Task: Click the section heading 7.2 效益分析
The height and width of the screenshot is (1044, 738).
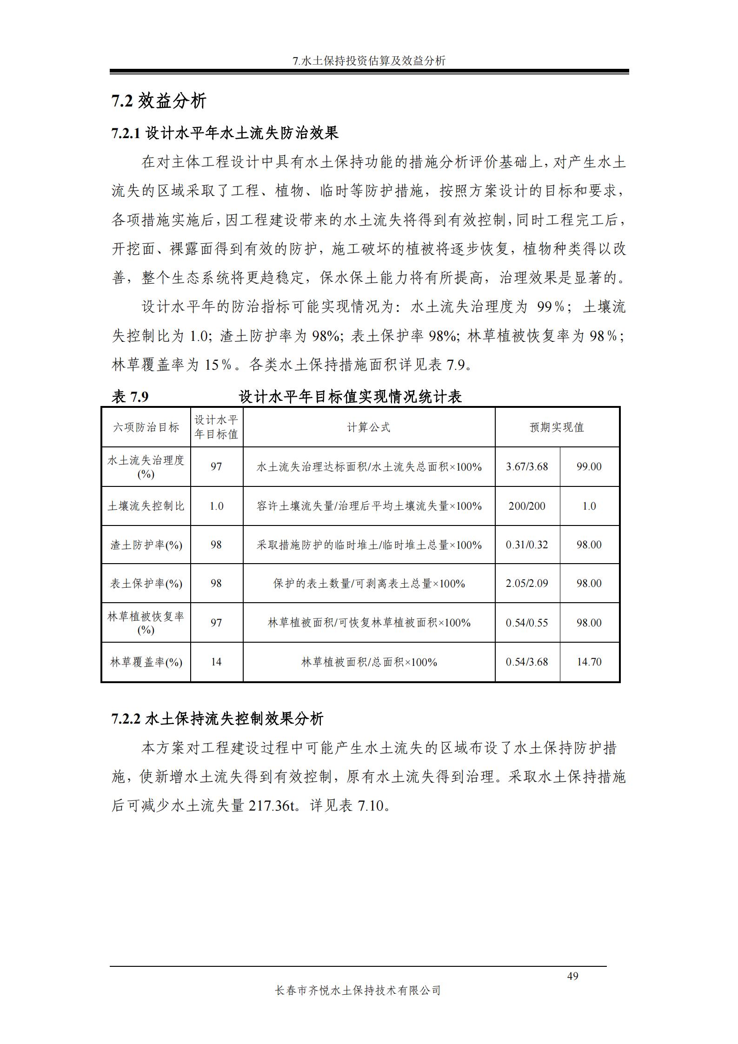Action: [159, 101]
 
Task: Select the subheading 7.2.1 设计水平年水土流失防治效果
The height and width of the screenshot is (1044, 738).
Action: [225, 133]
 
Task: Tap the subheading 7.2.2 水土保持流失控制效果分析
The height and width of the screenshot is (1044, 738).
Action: [217, 719]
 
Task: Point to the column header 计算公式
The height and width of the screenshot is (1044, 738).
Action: [369, 427]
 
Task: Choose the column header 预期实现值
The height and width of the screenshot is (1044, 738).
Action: [557, 427]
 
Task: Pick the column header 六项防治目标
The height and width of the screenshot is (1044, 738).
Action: [146, 427]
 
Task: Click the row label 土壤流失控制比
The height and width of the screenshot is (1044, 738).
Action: [146, 506]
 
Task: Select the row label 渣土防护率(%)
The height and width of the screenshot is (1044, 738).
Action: [146, 545]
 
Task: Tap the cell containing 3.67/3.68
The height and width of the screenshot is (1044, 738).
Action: [527, 466]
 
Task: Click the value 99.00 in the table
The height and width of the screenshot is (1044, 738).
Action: [589, 466]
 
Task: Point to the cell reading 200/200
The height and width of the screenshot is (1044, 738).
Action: [527, 506]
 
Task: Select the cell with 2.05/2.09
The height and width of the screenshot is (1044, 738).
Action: [527, 583]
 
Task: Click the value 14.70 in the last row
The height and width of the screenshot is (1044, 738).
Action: [589, 662]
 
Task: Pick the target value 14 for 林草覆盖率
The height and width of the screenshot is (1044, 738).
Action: [216, 662]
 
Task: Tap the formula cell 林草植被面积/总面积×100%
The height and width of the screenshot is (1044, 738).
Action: [369, 662]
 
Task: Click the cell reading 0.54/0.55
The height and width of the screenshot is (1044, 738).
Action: [527, 623]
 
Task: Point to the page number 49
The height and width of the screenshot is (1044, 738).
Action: [572, 976]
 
